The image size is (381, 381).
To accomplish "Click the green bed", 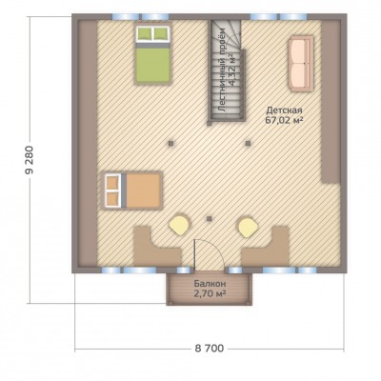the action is pos(153,55).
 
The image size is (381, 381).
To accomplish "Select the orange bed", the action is pos(131,190).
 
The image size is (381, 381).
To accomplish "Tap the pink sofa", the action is pos(301,64).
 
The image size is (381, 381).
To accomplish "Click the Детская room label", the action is pos(284,110).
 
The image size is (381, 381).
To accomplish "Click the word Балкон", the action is pos(210,284).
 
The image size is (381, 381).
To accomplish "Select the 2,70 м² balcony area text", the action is pos(210,293).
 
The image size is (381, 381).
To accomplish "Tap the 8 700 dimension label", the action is pos(210,349).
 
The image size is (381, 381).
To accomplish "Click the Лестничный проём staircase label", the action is pos(222,70).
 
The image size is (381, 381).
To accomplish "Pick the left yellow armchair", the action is pos(179,225).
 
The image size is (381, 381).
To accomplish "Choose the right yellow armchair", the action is pos(249,227).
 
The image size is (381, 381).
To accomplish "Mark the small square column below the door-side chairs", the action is pos(209,218).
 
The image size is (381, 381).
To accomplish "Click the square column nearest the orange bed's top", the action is pos(171,143).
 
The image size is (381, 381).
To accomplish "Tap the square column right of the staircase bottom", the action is pos(248,143).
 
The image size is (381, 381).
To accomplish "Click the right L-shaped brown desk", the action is pos(267,248).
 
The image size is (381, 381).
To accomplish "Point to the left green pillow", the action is pos(145,33).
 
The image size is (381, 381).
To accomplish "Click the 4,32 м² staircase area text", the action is pos(232,70).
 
